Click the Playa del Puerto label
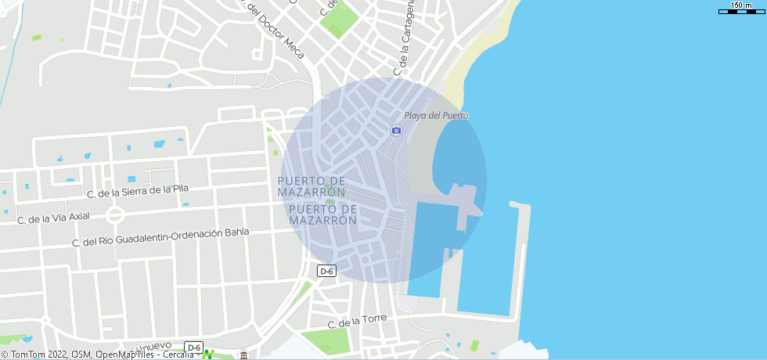tap(436, 116)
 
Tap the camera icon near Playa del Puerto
tap(396, 130)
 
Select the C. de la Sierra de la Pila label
tap(138, 191)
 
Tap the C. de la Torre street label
tap(358, 322)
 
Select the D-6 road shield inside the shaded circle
tap(326, 271)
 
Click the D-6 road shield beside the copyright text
tap(193, 347)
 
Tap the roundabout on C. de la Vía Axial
tap(116, 214)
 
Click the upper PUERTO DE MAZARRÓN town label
tap(311, 186)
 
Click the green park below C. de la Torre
tap(325, 341)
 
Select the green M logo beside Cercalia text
tap(207, 355)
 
